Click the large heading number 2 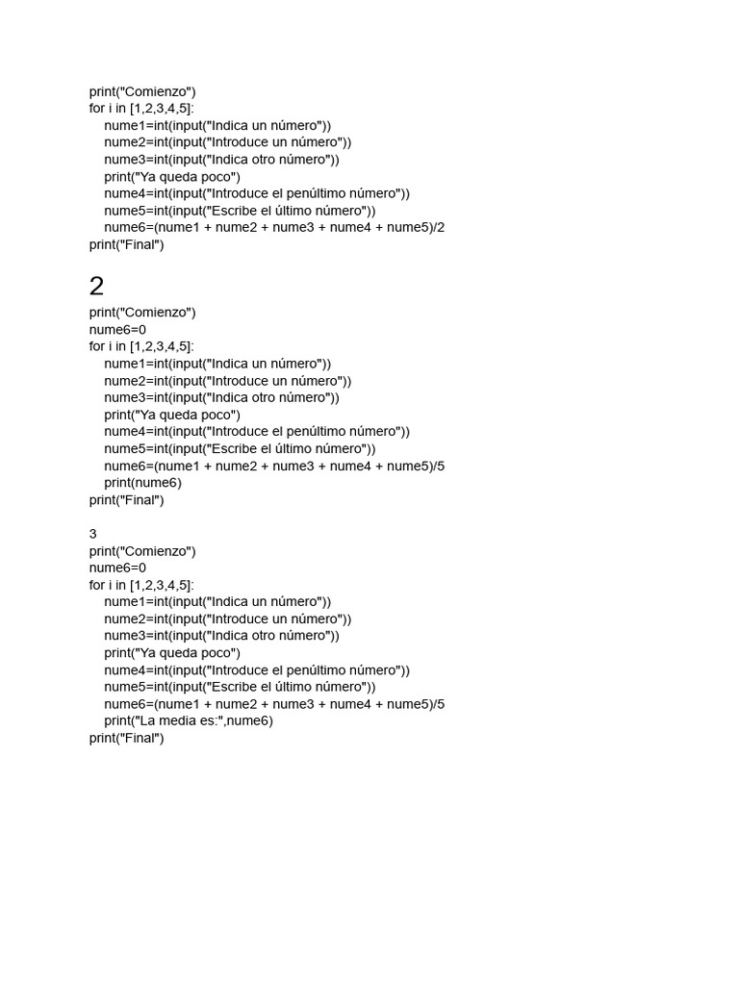pos(96,286)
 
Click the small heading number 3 pos(93,534)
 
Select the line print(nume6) pos(142,483)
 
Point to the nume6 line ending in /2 pos(274,228)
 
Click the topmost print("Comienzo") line pos(142,91)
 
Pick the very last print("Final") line pos(126,738)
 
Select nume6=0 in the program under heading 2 pos(117,329)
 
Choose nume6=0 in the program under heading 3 pos(117,568)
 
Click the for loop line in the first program pos(141,109)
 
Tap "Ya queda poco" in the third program pos(172,653)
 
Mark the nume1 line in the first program pos(217,125)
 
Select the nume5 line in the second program pos(240,449)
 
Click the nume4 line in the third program pos(257,670)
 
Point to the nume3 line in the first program pos(221,160)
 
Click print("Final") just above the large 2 pos(126,244)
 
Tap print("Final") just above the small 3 pos(126,500)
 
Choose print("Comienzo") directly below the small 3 pos(142,551)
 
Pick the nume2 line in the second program pos(228,381)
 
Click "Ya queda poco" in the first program pos(172,177)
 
